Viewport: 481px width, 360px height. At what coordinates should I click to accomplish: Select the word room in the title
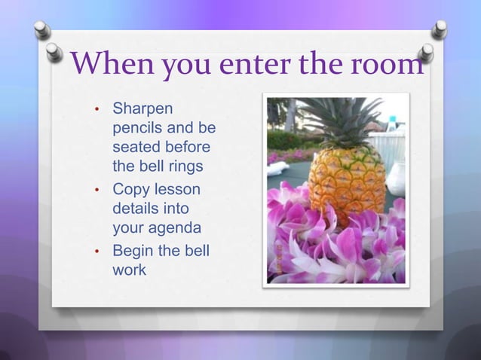pos(388,66)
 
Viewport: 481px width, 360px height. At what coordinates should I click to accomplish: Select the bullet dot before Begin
pos(97,252)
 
